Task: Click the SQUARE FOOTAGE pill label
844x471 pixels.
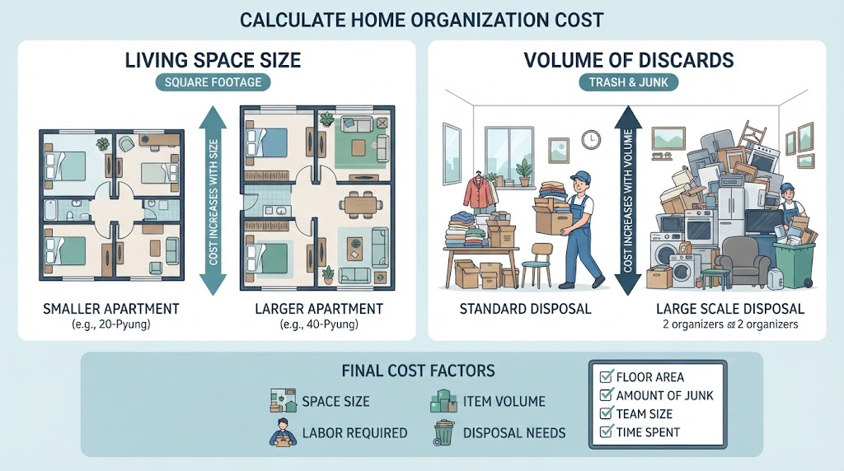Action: [213, 82]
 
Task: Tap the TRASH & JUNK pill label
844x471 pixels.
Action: [628, 82]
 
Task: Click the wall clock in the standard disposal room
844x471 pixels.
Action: [591, 140]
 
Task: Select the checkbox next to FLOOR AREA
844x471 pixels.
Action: [606, 376]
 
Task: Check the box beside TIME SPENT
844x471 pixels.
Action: [606, 431]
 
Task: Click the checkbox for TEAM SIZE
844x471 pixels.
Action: [606, 413]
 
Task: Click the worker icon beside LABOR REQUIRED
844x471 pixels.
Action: [283, 432]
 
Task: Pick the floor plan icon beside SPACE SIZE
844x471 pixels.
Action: [284, 400]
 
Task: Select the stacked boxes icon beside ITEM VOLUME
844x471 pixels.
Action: [443, 401]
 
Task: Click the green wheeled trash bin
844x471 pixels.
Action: [795, 263]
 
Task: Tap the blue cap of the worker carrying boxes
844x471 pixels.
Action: [579, 176]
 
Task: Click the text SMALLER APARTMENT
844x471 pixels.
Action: [111, 309]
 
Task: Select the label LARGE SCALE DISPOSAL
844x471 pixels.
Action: [730, 309]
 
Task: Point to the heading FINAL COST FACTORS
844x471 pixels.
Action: [418, 371]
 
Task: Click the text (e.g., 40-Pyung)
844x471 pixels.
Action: [319, 324]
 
